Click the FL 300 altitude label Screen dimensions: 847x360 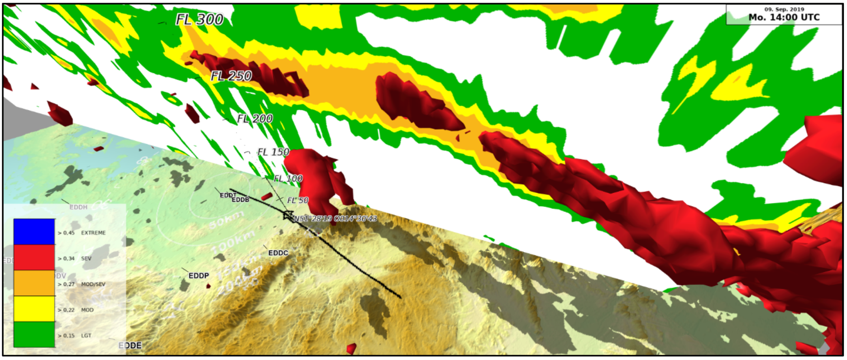point(199,19)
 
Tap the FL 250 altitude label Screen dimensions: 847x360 point(231,76)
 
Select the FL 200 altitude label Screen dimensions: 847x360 point(255,119)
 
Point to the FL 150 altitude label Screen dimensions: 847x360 point(273,152)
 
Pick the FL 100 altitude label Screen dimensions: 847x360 point(288,179)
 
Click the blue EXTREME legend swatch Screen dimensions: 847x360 point(34,232)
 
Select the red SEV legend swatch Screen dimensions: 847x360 point(34,257)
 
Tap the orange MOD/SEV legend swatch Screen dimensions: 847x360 point(34,283)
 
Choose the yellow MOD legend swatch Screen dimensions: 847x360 point(34,309)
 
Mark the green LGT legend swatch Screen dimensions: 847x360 point(34,335)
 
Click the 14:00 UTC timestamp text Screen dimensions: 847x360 point(784,18)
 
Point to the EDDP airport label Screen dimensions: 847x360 point(199,276)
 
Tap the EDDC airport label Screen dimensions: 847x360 point(278,253)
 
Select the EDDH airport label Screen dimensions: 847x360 point(78,207)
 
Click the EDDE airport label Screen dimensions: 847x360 point(130,346)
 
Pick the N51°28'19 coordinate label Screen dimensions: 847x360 point(335,219)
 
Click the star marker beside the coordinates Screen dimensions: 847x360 point(287,216)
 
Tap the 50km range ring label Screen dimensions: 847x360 point(220,222)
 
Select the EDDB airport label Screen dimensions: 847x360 point(240,200)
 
